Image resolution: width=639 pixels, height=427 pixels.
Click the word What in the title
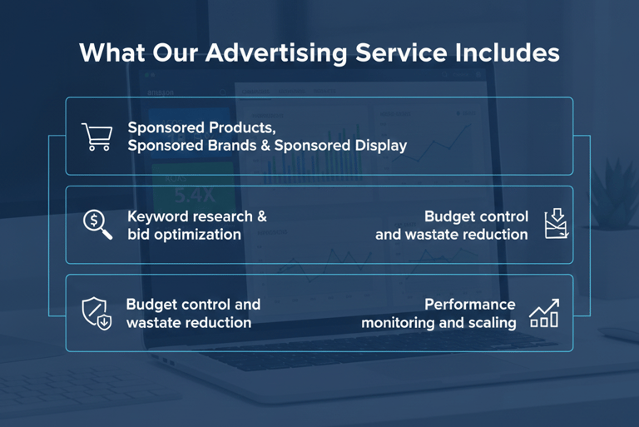point(112,52)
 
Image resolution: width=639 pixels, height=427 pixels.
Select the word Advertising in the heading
point(276,53)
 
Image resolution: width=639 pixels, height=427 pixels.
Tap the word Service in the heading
point(401,52)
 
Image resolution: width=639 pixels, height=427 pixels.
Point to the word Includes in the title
point(508,52)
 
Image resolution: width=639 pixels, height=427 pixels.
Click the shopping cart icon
point(97,137)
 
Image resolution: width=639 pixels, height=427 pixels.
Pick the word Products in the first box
point(241,127)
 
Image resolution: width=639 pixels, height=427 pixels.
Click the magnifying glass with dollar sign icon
point(98,225)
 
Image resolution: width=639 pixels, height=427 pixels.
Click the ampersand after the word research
point(262,216)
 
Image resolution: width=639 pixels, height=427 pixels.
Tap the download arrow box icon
point(557,224)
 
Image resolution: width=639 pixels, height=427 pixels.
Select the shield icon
point(97,313)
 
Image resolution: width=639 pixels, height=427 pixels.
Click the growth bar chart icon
point(544,313)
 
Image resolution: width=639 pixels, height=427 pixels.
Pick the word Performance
point(470,305)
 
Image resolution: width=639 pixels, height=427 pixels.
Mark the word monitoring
point(398,323)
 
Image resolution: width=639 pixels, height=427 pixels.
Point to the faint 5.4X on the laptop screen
point(195,196)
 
